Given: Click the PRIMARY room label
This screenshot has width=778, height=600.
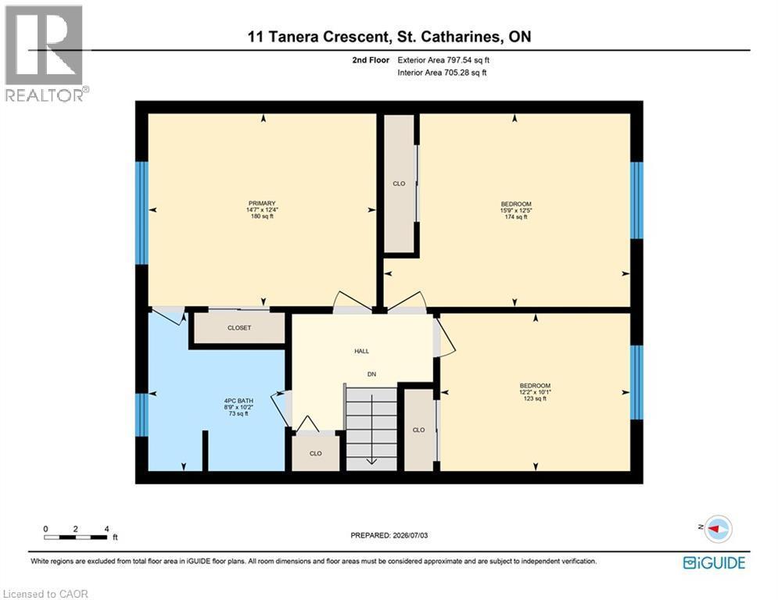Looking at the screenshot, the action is coord(262,203).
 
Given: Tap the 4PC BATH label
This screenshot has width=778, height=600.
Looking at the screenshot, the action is coord(238,401).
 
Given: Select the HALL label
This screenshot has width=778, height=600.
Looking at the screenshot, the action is coord(362,351).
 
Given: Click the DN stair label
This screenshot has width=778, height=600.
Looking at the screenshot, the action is coord(371,374).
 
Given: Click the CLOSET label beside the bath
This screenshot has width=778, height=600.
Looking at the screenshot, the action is coord(239,328).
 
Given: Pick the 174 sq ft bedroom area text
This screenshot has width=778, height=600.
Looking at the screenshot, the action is coord(516,216).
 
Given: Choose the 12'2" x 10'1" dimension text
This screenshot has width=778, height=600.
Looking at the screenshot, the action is coord(536,391).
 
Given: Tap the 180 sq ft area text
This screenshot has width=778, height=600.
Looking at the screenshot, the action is coord(262,216).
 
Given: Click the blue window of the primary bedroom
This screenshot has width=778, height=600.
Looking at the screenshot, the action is coord(142,212).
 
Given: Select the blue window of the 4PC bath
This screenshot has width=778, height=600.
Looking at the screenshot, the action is coord(142,415).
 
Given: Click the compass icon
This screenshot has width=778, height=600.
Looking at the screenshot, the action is coord(719,529).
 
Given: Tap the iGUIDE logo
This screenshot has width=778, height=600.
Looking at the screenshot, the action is coord(714,562).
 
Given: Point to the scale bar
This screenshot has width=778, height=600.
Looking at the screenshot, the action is coord(75,537).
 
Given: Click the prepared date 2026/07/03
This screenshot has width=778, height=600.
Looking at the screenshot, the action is coord(410,535).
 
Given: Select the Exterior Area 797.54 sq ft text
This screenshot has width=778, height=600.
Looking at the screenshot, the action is coord(443,60).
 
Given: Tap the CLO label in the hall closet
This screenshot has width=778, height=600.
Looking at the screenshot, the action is coord(316,453).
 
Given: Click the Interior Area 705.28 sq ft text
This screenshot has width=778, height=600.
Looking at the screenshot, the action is coord(442,73).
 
